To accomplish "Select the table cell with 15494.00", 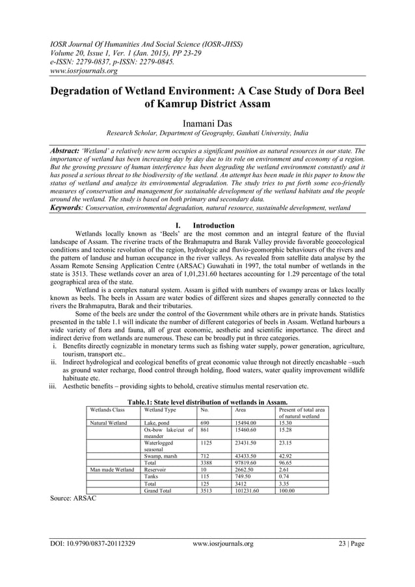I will coord(245,422).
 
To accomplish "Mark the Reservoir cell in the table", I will coord(155,469).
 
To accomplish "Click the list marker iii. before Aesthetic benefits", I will coord(54,386).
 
